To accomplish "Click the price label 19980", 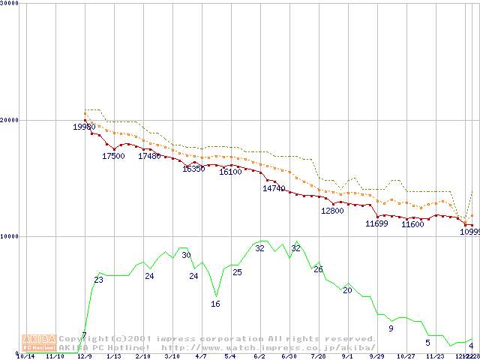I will coord(84,127).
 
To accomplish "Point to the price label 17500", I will coord(113,156).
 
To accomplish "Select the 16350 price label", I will coord(193,169).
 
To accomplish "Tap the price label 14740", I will coord(274,188).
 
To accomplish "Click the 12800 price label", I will coord(331,211).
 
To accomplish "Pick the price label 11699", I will coord(376,223).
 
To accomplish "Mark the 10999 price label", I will coord(469,231).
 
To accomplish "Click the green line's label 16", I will coord(215,304).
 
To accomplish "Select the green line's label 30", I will coord(186,256).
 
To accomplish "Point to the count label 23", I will coord(98,280).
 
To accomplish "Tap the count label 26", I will coord(318,269).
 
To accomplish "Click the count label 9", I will coord(391,328).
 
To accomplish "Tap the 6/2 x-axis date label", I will coord(259,356).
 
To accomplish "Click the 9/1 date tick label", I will coord(347,356).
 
